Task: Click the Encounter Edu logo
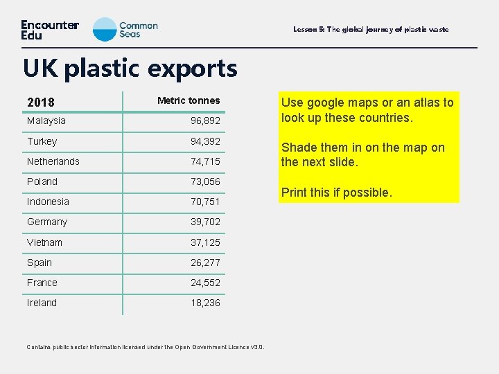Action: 49,30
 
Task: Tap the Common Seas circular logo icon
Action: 105,29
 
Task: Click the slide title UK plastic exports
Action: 130,68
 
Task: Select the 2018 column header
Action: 41,103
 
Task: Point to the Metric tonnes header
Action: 189,100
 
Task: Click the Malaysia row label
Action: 46,121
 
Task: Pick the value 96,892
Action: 206,121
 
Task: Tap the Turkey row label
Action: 42,141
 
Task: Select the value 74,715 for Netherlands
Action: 206,161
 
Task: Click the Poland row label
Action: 42,181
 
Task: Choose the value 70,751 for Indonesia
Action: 206,202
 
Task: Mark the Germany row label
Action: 47,222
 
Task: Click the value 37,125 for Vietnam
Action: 206,242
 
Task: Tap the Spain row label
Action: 40,262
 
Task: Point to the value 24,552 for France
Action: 206,283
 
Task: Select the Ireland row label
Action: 42,303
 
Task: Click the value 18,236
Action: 206,303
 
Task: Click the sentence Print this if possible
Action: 336,193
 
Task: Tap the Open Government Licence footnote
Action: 146,347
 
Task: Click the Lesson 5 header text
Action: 371,30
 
